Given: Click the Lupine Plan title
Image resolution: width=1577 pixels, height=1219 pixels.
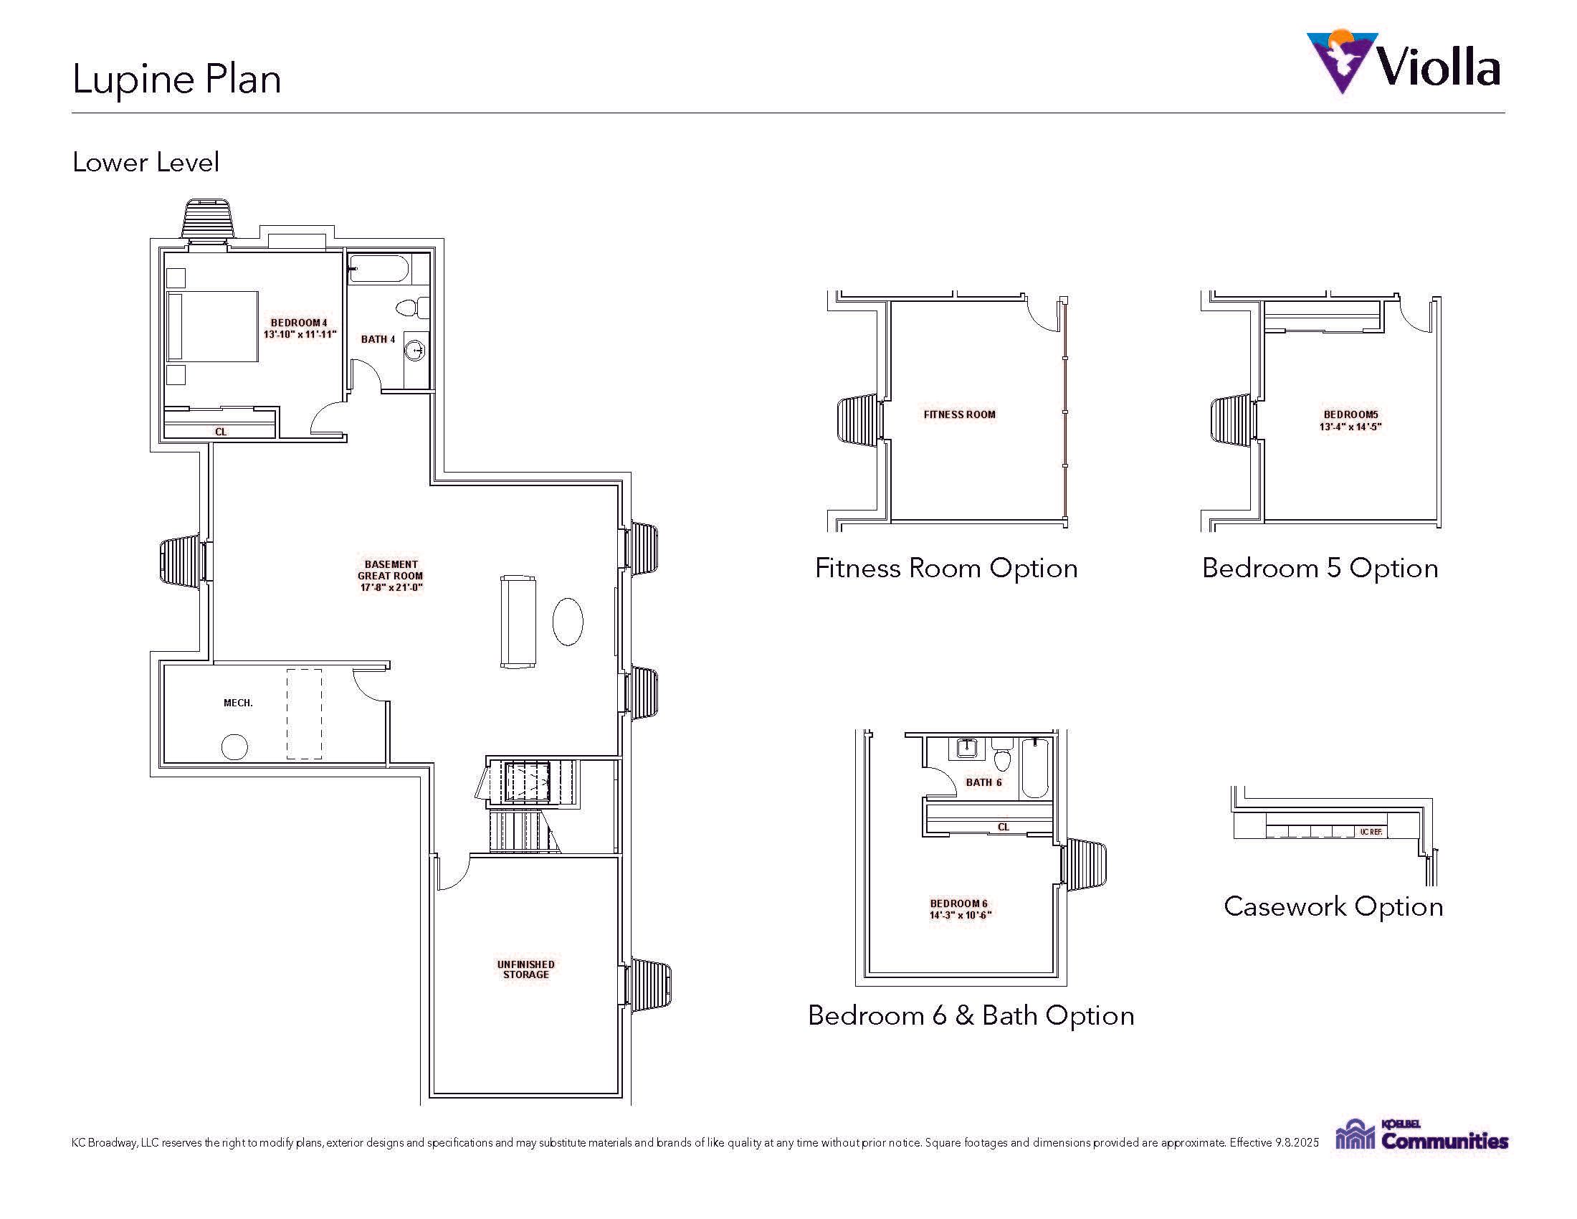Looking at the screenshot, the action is click(x=176, y=79).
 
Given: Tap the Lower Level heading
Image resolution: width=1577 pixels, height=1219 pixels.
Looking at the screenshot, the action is click(x=145, y=162).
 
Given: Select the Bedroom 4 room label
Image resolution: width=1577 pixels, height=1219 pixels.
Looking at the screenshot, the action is click(x=299, y=328).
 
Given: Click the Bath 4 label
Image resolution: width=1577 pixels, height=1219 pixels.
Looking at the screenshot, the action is click(x=378, y=339).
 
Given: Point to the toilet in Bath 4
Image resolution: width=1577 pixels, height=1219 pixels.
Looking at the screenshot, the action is click(x=412, y=308).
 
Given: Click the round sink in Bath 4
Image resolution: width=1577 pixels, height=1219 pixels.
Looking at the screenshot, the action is click(x=415, y=351).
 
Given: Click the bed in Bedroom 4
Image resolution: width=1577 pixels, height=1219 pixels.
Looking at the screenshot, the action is click(x=212, y=326).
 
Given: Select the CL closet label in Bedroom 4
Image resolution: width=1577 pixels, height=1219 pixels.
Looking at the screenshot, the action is click(x=221, y=432).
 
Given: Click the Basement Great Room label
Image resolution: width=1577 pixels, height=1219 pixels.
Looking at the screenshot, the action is click(x=390, y=576).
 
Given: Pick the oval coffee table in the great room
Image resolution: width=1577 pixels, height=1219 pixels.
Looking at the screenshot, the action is click(x=568, y=621).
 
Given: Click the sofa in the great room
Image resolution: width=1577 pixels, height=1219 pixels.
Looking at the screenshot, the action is click(x=518, y=622).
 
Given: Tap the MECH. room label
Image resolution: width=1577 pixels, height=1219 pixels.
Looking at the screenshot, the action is click(x=238, y=703).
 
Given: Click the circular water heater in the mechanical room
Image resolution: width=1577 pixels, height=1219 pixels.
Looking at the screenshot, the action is click(x=234, y=747).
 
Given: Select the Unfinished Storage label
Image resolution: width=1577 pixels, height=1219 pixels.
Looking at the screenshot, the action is click(x=525, y=969).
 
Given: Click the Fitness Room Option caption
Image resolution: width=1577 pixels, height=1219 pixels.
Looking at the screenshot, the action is click(x=946, y=569).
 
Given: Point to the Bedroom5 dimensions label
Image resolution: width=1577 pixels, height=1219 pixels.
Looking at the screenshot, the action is click(x=1350, y=420).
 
